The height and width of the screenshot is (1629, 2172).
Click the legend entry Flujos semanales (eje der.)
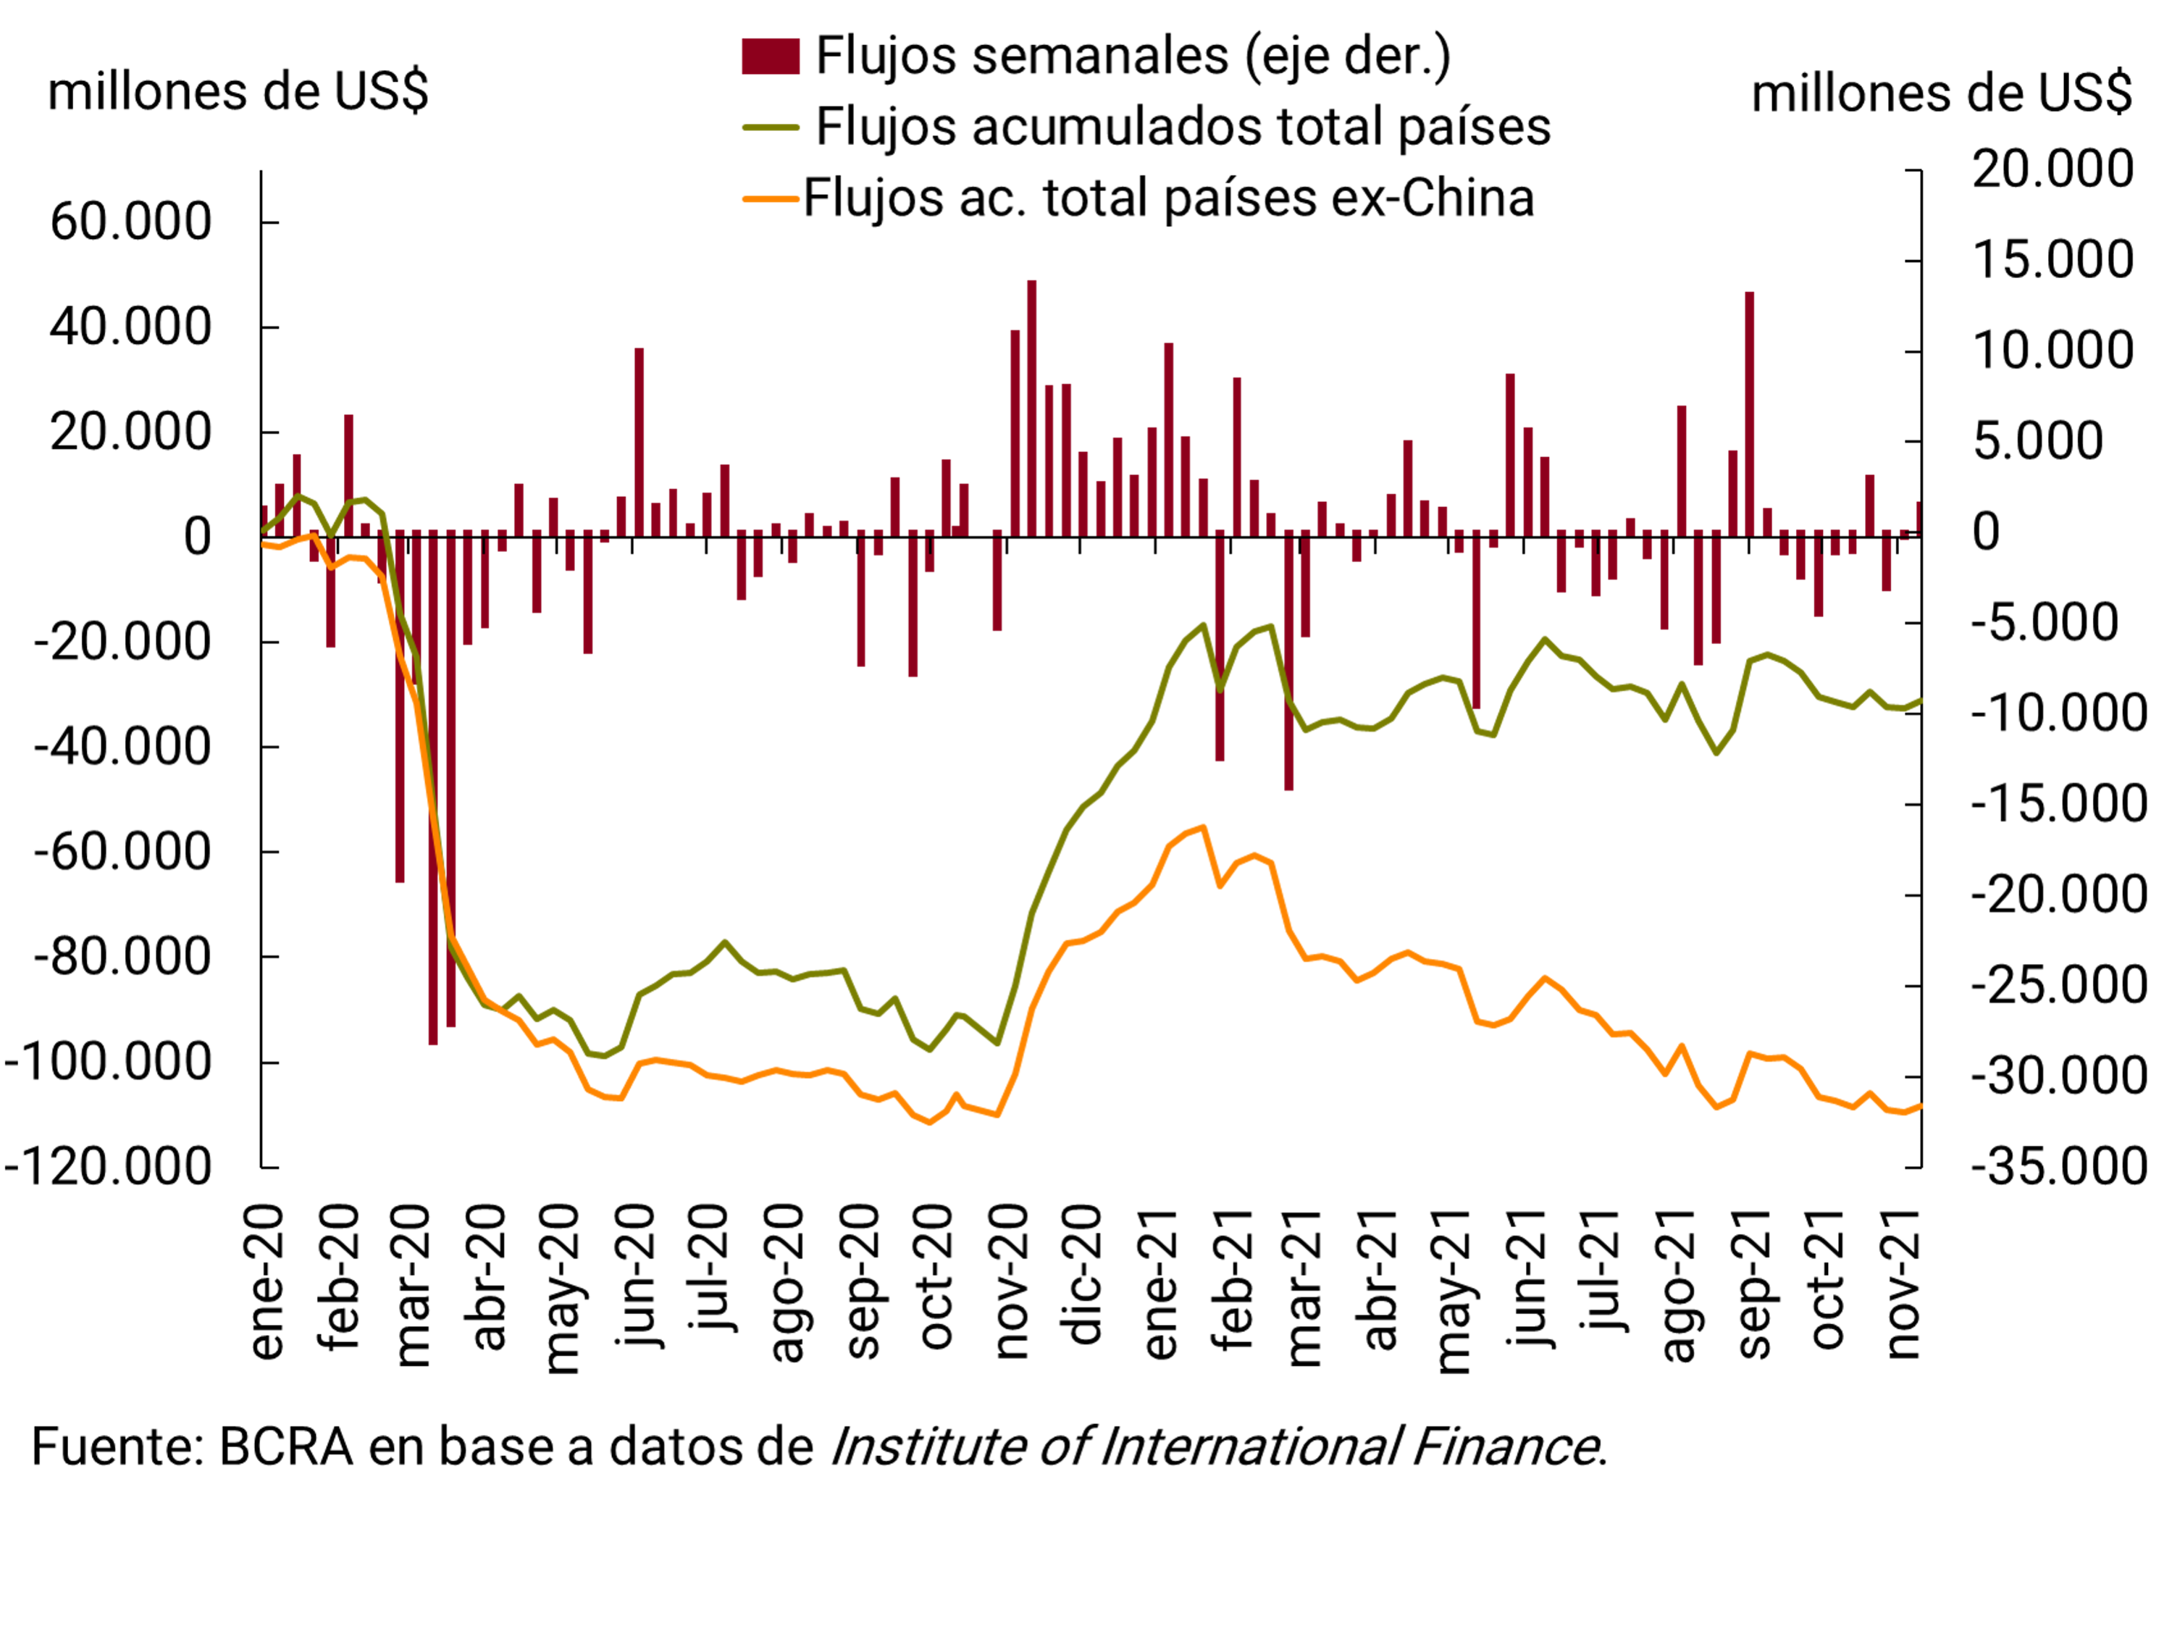(x=1132, y=56)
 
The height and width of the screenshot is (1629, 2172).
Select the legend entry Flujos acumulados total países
(x=1182, y=127)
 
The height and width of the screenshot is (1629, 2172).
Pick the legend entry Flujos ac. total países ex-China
(x=1168, y=198)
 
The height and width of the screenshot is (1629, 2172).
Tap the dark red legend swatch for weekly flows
(x=770, y=56)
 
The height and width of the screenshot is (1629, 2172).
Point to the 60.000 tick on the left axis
(x=130, y=222)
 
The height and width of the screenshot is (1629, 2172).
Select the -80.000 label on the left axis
(x=122, y=958)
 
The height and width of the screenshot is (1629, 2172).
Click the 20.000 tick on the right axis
(x=2053, y=169)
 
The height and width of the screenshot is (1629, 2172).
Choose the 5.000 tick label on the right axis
(x=2037, y=442)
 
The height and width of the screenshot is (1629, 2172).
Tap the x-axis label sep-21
(x=1753, y=1282)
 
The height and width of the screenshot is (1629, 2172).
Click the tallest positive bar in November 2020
(x=1032, y=409)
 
